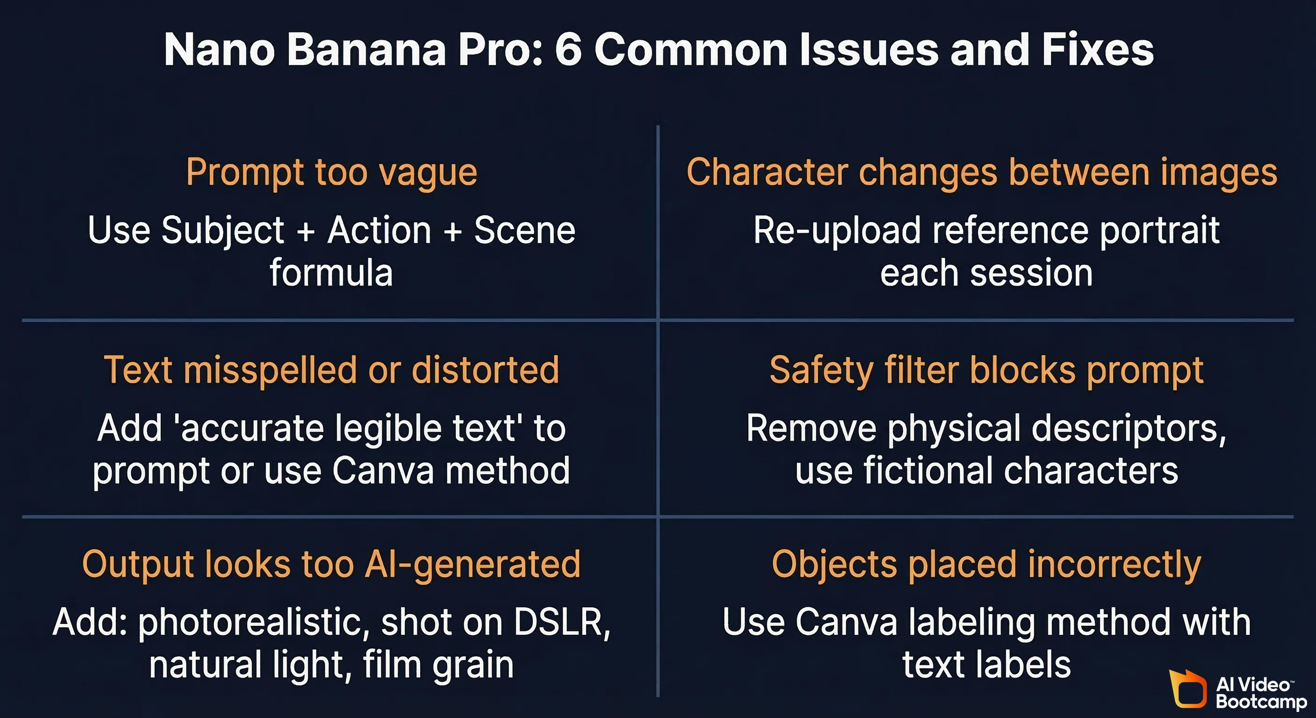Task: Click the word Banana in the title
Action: [366, 50]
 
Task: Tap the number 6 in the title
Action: [568, 50]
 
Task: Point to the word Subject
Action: [222, 231]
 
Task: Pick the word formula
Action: [331, 273]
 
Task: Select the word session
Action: [1031, 273]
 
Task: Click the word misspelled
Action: [270, 370]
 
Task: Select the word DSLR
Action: [561, 623]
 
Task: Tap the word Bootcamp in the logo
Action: [1261, 701]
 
